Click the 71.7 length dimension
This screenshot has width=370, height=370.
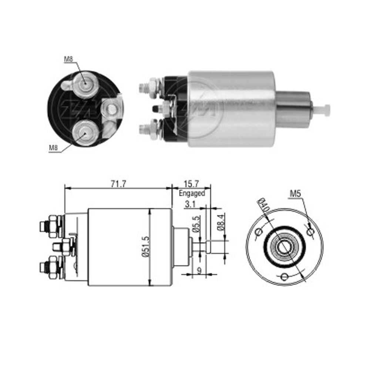point(118,184)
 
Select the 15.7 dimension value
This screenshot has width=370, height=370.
point(191,184)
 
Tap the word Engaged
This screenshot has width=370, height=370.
point(192,193)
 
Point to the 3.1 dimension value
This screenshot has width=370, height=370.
point(190,204)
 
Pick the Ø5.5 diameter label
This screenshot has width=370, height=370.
point(196,224)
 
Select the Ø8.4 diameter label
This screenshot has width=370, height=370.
point(221,222)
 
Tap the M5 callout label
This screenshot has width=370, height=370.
point(295,194)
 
